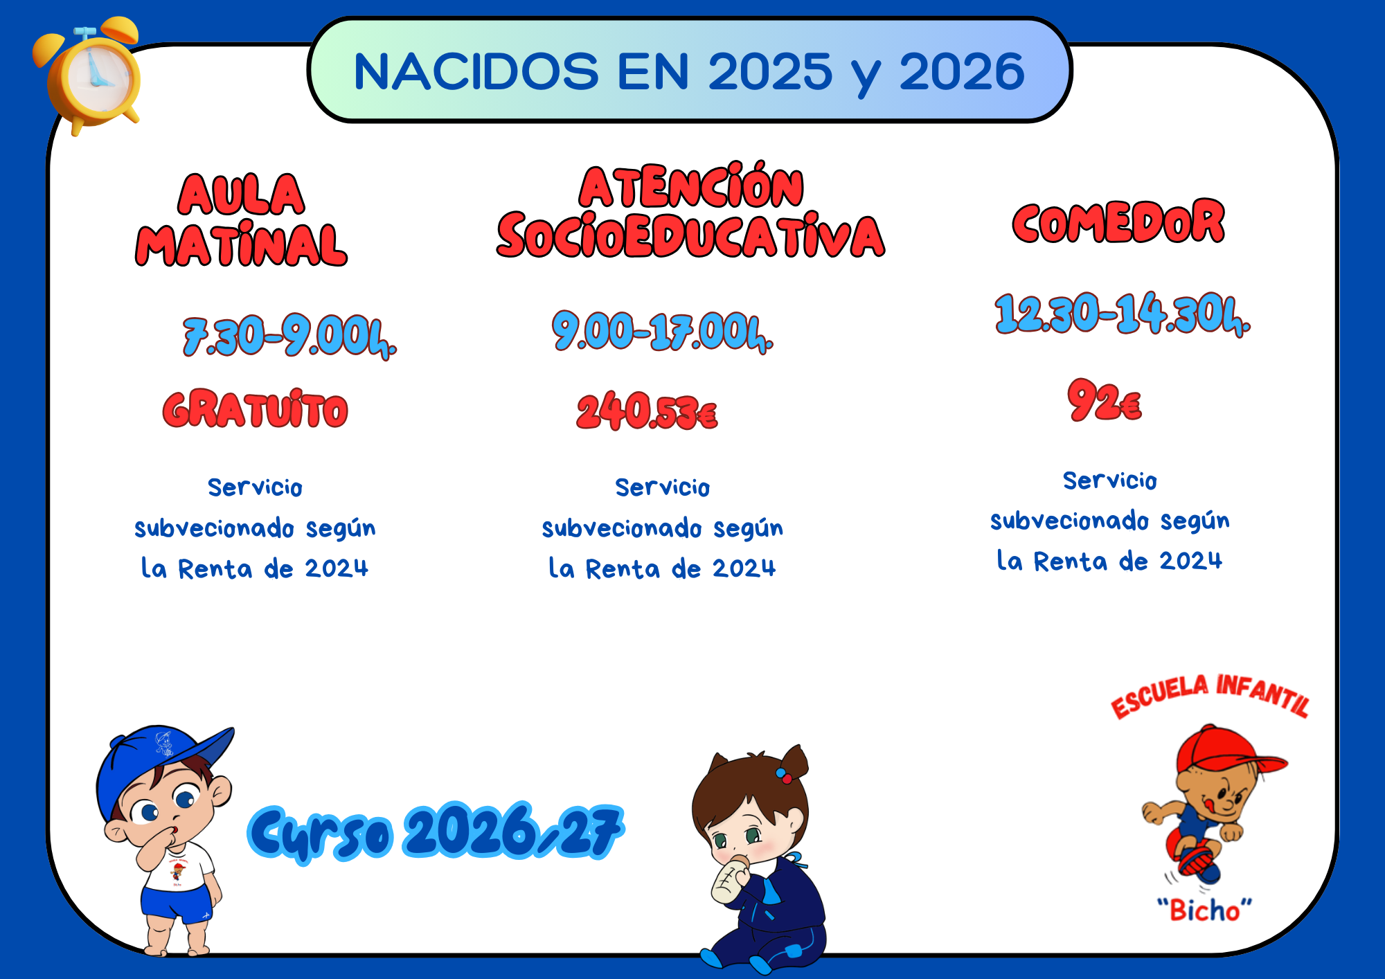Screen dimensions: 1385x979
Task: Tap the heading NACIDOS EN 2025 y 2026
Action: tap(689, 72)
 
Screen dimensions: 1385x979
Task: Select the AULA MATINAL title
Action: tap(241, 219)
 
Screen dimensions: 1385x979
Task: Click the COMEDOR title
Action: tap(1118, 222)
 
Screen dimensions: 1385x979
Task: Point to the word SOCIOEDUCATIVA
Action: tap(690, 235)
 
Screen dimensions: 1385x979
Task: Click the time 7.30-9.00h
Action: tap(289, 337)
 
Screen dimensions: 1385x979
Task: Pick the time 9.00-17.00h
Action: tap(662, 332)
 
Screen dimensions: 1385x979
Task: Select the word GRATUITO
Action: tap(256, 409)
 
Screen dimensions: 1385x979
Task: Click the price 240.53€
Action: tap(647, 411)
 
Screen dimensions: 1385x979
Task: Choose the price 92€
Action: tap(1105, 400)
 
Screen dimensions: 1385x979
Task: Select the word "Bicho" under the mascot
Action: tap(1205, 910)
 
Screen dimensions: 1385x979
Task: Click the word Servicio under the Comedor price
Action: tap(1110, 480)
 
